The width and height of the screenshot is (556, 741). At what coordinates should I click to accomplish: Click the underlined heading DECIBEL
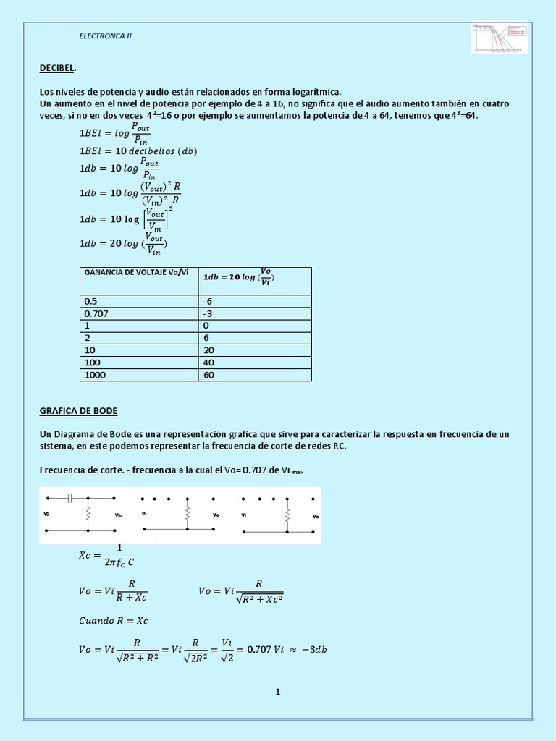[57, 68]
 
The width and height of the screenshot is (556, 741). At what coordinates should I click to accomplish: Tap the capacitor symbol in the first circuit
[69, 498]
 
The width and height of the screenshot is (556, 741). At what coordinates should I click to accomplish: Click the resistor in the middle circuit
[187, 514]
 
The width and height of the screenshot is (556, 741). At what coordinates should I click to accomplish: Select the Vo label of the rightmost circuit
[315, 516]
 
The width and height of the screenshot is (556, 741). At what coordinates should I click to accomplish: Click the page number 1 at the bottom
[277, 691]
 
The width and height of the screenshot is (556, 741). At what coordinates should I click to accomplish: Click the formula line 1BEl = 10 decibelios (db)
[138, 151]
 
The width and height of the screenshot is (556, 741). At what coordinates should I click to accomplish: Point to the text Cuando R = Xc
[114, 620]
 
